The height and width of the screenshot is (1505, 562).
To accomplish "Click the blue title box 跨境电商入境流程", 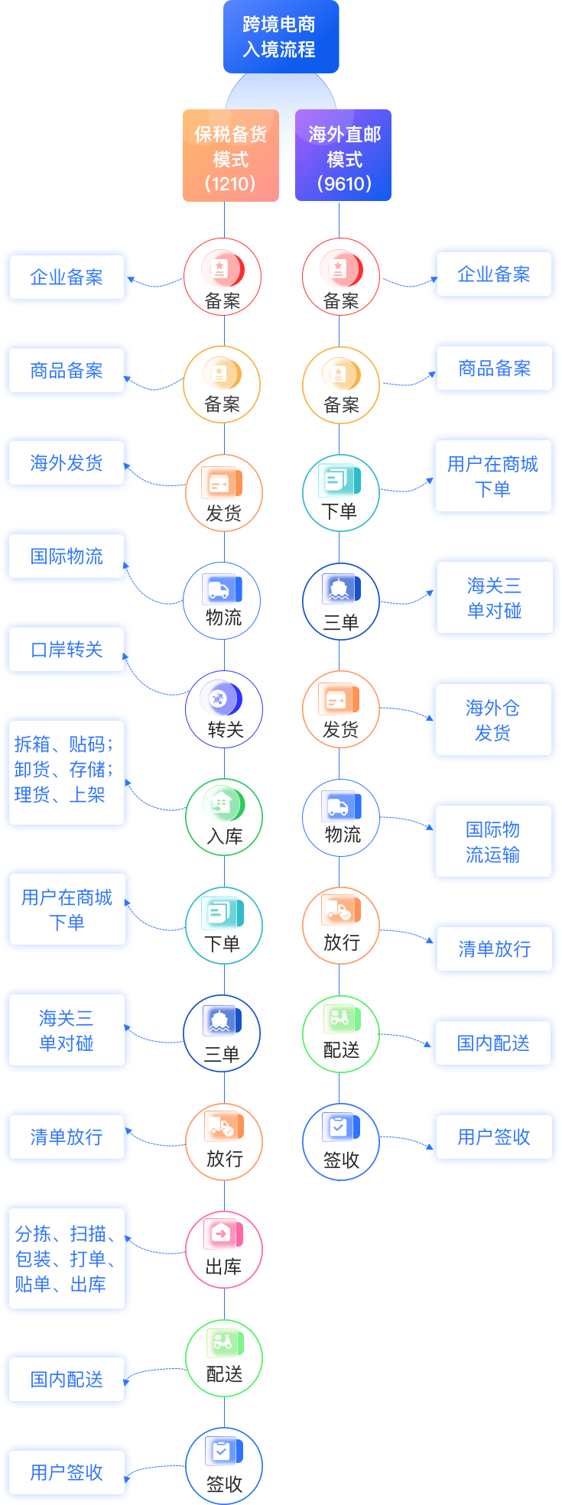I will [x=281, y=37].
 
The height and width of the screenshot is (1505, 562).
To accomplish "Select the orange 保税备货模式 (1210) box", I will [x=230, y=157].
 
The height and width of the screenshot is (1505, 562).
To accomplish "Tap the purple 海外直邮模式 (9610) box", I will [x=343, y=157].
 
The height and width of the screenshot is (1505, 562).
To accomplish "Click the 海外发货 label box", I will [x=67, y=463].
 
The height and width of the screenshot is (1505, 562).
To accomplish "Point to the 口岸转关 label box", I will [x=67, y=650].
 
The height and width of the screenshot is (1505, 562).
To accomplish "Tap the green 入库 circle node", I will [x=224, y=817].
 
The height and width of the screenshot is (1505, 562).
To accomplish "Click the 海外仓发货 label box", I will [x=493, y=719].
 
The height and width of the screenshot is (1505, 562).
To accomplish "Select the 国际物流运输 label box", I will [x=493, y=842].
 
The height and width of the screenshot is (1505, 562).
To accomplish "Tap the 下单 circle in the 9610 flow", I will [x=340, y=492].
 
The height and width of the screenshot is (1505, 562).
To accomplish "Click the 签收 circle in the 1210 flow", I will [x=224, y=1466].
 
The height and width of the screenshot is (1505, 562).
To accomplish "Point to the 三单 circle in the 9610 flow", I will [x=340, y=601].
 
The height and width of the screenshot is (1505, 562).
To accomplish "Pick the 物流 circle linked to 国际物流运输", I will [x=341, y=817].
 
